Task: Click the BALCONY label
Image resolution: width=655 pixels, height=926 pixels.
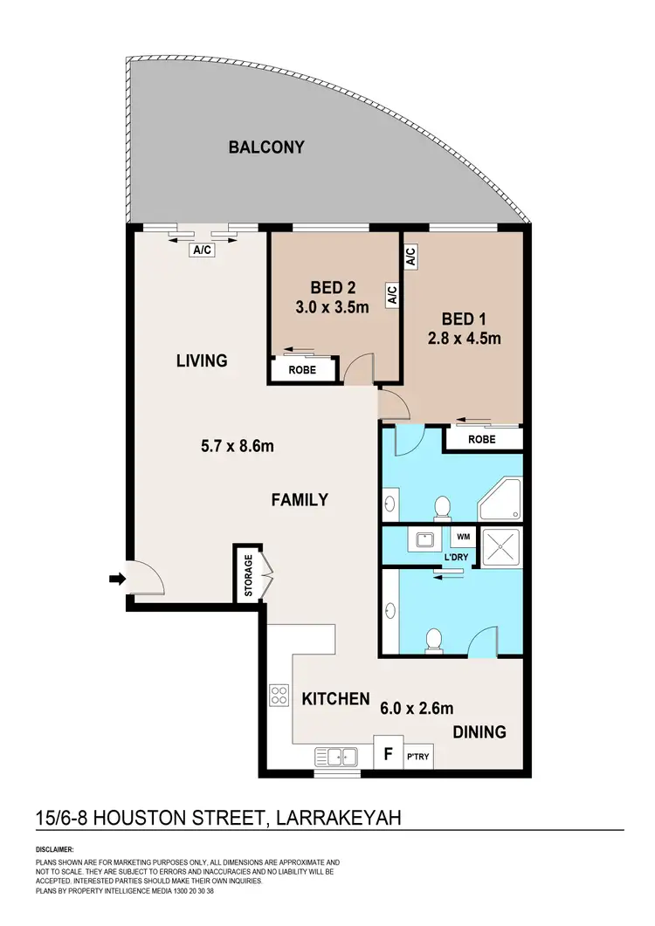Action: click(x=266, y=147)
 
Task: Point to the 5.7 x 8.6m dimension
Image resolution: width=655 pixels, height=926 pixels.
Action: click(x=238, y=447)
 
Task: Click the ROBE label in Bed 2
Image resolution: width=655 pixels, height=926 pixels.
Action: click(x=301, y=370)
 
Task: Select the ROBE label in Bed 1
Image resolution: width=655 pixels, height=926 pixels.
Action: click(x=481, y=440)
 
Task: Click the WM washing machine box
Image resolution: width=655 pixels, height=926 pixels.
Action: click(x=462, y=537)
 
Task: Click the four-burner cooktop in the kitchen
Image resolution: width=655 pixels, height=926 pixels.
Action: click(x=279, y=695)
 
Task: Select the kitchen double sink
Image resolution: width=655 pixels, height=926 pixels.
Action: click(x=336, y=756)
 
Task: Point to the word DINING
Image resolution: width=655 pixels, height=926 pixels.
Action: click(x=479, y=731)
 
